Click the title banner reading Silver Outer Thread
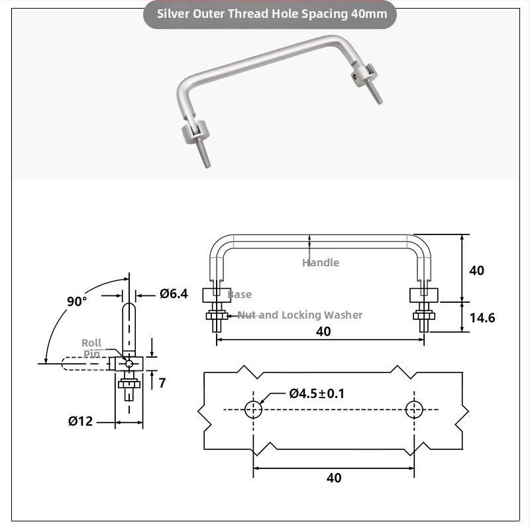coord(270,14)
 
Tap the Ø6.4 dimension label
coord(174,293)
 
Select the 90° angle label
coord(77,301)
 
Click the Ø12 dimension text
coord(80,421)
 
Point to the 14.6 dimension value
coord(482,318)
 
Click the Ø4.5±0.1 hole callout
coord(317,394)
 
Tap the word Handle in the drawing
coord(321,262)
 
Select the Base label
coord(240,294)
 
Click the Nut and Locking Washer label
coord(300,315)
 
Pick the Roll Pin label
coord(91,348)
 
